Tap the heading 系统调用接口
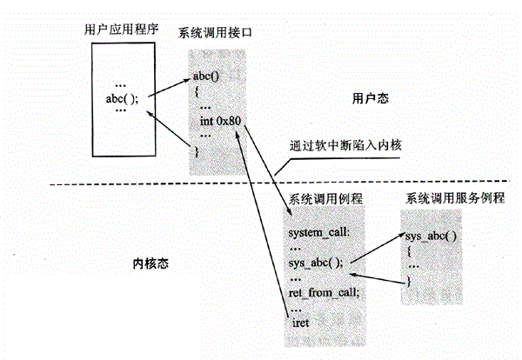[218, 33]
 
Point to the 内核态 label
[150, 260]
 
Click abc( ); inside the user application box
[122, 98]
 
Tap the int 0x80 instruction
[219, 120]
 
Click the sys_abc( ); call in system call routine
[315, 262]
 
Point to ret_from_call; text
[323, 293]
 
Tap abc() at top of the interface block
[207, 75]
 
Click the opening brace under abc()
[197, 90]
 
